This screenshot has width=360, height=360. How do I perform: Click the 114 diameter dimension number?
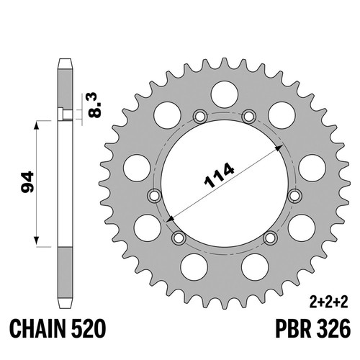tap(219, 175)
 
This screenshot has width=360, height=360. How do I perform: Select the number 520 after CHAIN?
tap(89, 328)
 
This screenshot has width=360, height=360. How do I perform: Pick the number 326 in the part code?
tap(333, 328)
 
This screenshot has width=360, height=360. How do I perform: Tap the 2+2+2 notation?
tap(329, 302)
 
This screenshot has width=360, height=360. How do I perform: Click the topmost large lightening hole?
tap(225, 94)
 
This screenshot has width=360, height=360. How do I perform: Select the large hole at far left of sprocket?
tap(137, 168)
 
